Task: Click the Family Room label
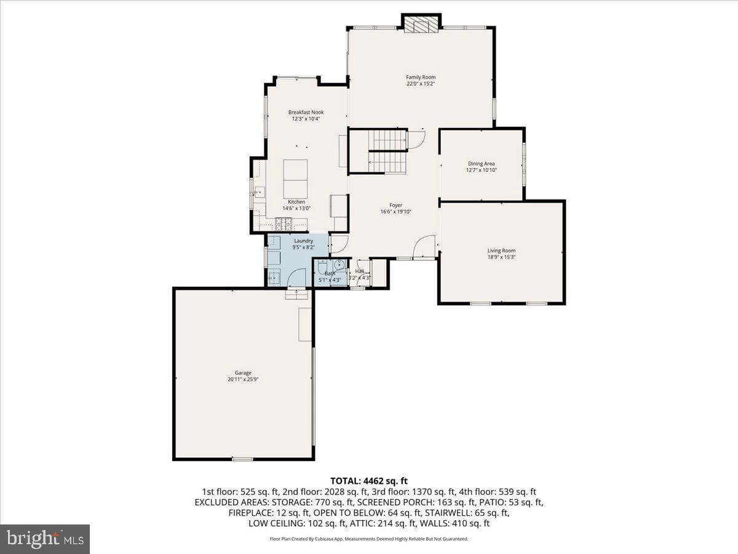[x=421, y=77]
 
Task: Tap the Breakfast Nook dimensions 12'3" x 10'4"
[x=306, y=119]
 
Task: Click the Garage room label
[x=243, y=372]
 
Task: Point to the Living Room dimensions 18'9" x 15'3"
[x=501, y=257]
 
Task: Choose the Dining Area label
[x=481, y=164]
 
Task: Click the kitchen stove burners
[x=284, y=223]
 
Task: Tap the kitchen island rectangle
[x=295, y=179]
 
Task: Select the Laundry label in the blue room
[x=304, y=241]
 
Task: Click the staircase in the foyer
[x=387, y=151]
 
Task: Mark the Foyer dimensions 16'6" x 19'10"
[x=395, y=212]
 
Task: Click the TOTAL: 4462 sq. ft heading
[x=369, y=481]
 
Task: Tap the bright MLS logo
[x=45, y=539]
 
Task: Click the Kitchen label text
[x=296, y=202]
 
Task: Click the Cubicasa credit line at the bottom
[x=369, y=539]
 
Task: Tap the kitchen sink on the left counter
[x=260, y=193]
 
